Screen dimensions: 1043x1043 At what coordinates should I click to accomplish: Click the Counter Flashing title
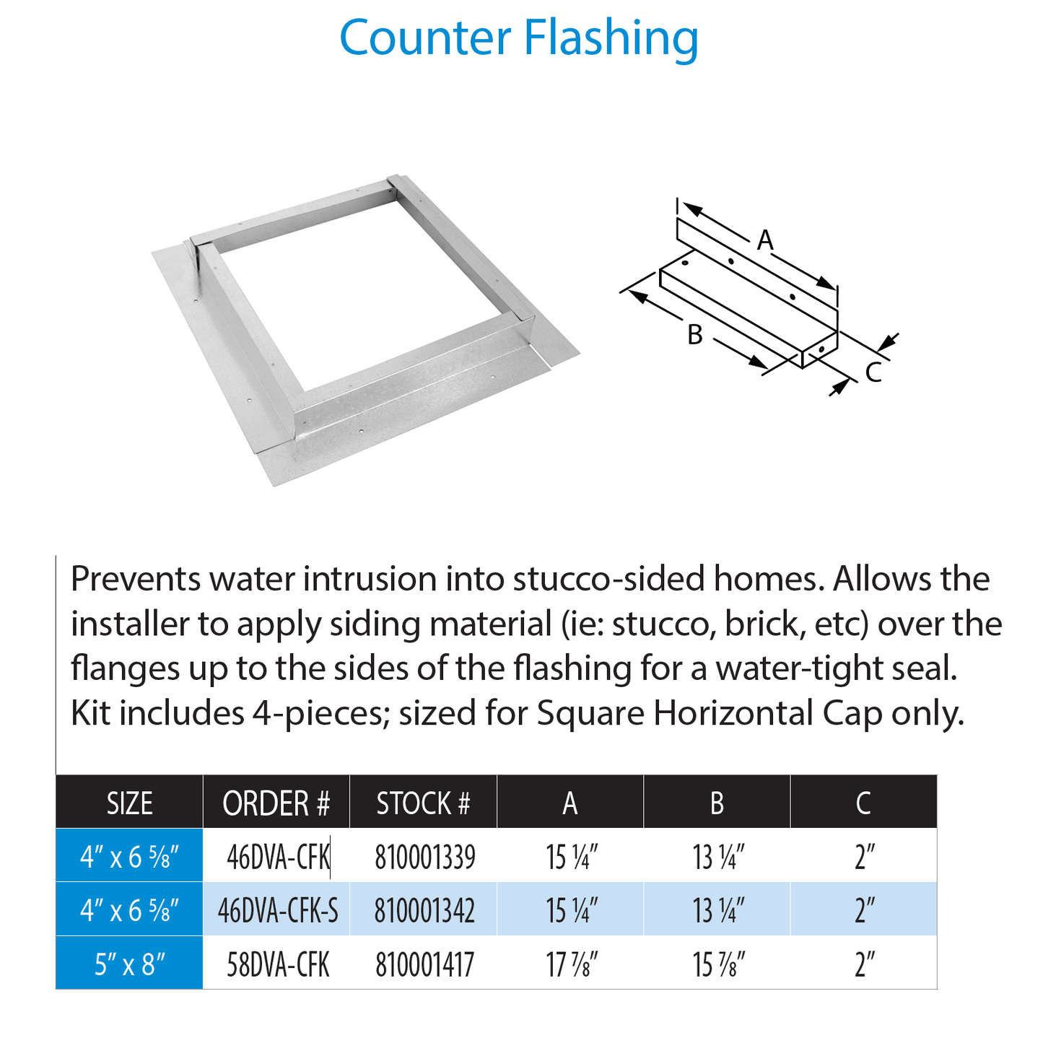(x=519, y=38)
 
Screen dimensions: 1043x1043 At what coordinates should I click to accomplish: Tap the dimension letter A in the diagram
(x=765, y=240)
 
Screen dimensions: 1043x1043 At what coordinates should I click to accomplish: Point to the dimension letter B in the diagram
(x=694, y=335)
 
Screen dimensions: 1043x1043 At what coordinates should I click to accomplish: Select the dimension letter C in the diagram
(x=873, y=372)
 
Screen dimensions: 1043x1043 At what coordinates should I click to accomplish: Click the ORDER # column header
(x=276, y=803)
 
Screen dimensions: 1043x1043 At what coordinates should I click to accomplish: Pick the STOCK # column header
(x=424, y=803)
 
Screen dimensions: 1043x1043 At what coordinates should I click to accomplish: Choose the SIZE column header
(x=130, y=803)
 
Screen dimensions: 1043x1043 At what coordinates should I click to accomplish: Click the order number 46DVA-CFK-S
(x=278, y=911)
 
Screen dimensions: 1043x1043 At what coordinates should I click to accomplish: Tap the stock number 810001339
(x=425, y=857)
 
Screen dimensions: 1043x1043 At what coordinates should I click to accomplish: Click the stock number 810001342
(x=425, y=911)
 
